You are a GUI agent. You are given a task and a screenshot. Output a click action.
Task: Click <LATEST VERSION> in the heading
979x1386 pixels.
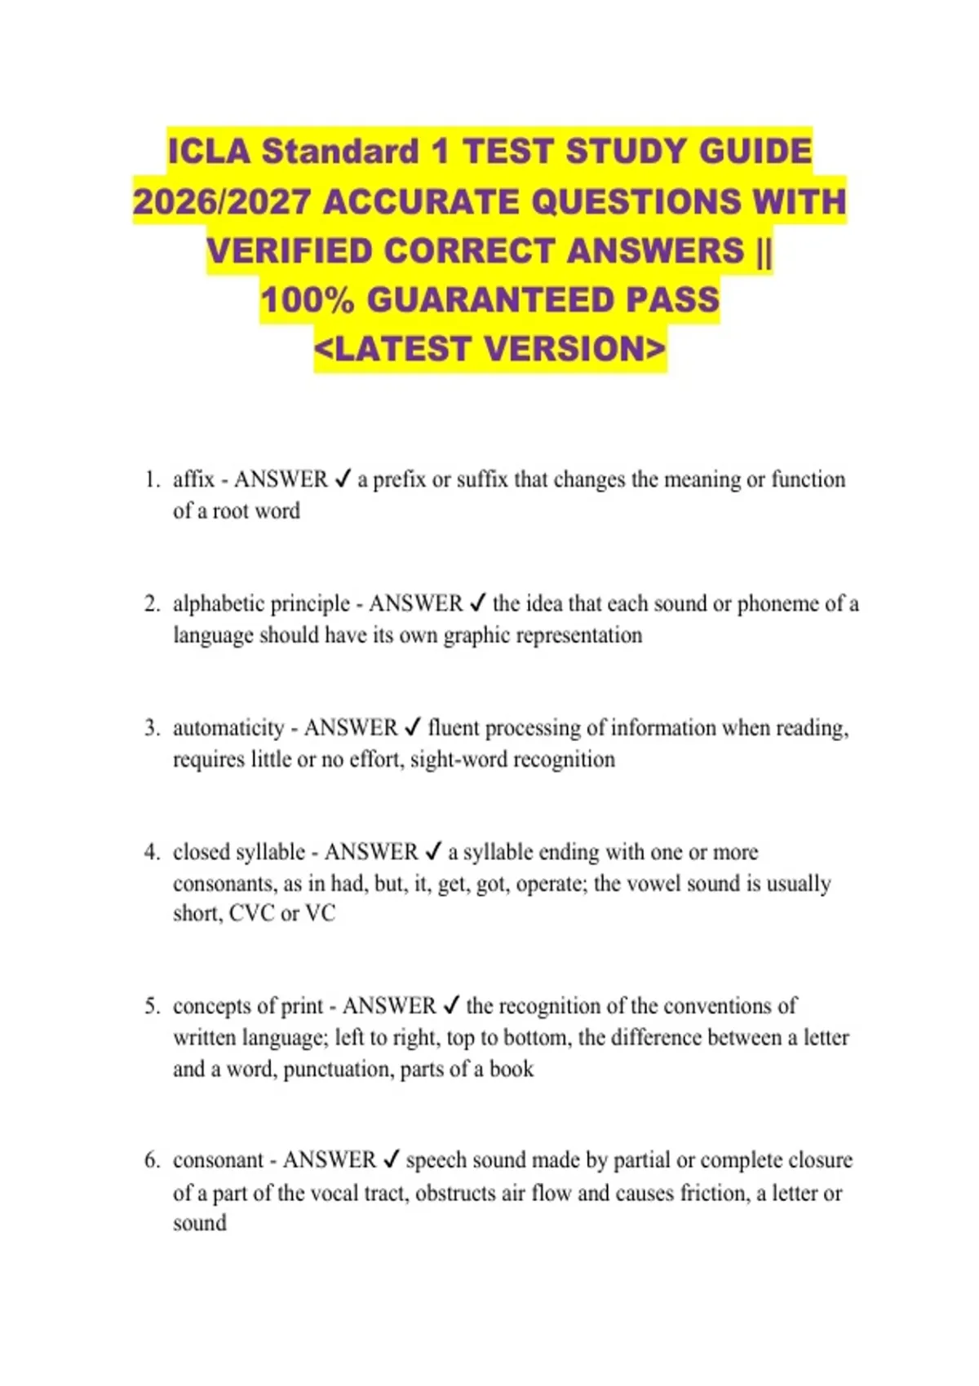pyautogui.click(x=489, y=349)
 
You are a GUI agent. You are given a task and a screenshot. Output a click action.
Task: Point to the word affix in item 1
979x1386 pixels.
pyautogui.click(x=193, y=479)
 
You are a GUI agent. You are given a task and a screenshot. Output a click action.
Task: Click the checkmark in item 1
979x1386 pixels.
pyautogui.click(x=343, y=479)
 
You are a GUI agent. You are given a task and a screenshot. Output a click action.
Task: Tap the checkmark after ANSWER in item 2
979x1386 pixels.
pyautogui.click(x=478, y=604)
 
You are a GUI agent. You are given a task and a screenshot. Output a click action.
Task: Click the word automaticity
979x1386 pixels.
pyautogui.click(x=228, y=728)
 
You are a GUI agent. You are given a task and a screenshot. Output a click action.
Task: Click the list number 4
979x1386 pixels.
pyautogui.click(x=152, y=853)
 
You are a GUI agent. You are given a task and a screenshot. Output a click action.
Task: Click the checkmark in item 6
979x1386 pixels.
pyautogui.click(x=392, y=1160)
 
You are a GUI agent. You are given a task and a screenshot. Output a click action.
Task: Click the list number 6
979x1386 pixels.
pyautogui.click(x=152, y=1160)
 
